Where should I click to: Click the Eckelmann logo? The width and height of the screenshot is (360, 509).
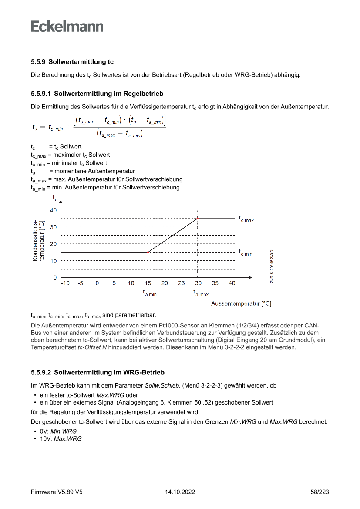tap(67, 26)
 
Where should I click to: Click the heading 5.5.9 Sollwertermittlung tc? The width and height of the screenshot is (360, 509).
tap(72, 62)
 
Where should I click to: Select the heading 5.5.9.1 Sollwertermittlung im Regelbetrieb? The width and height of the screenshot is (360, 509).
tap(97, 93)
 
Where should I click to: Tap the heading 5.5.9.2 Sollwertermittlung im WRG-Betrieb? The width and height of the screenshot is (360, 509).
tap(98, 373)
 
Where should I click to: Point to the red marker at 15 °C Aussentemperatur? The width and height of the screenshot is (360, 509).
tap(148, 252)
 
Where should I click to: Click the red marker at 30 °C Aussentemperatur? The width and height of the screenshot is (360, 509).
tap(198, 219)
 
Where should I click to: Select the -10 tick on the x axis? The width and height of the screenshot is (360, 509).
tap(65, 283)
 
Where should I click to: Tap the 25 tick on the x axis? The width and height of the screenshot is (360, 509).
tap(181, 283)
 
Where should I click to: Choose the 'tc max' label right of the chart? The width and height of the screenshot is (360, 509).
tap(246, 219)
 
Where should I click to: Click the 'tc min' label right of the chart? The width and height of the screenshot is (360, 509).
tap(245, 253)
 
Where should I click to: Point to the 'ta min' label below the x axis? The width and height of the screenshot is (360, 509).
tap(149, 293)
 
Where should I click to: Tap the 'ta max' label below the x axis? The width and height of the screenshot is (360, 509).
tap(201, 293)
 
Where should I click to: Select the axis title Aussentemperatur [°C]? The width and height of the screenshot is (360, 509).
tap(241, 303)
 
